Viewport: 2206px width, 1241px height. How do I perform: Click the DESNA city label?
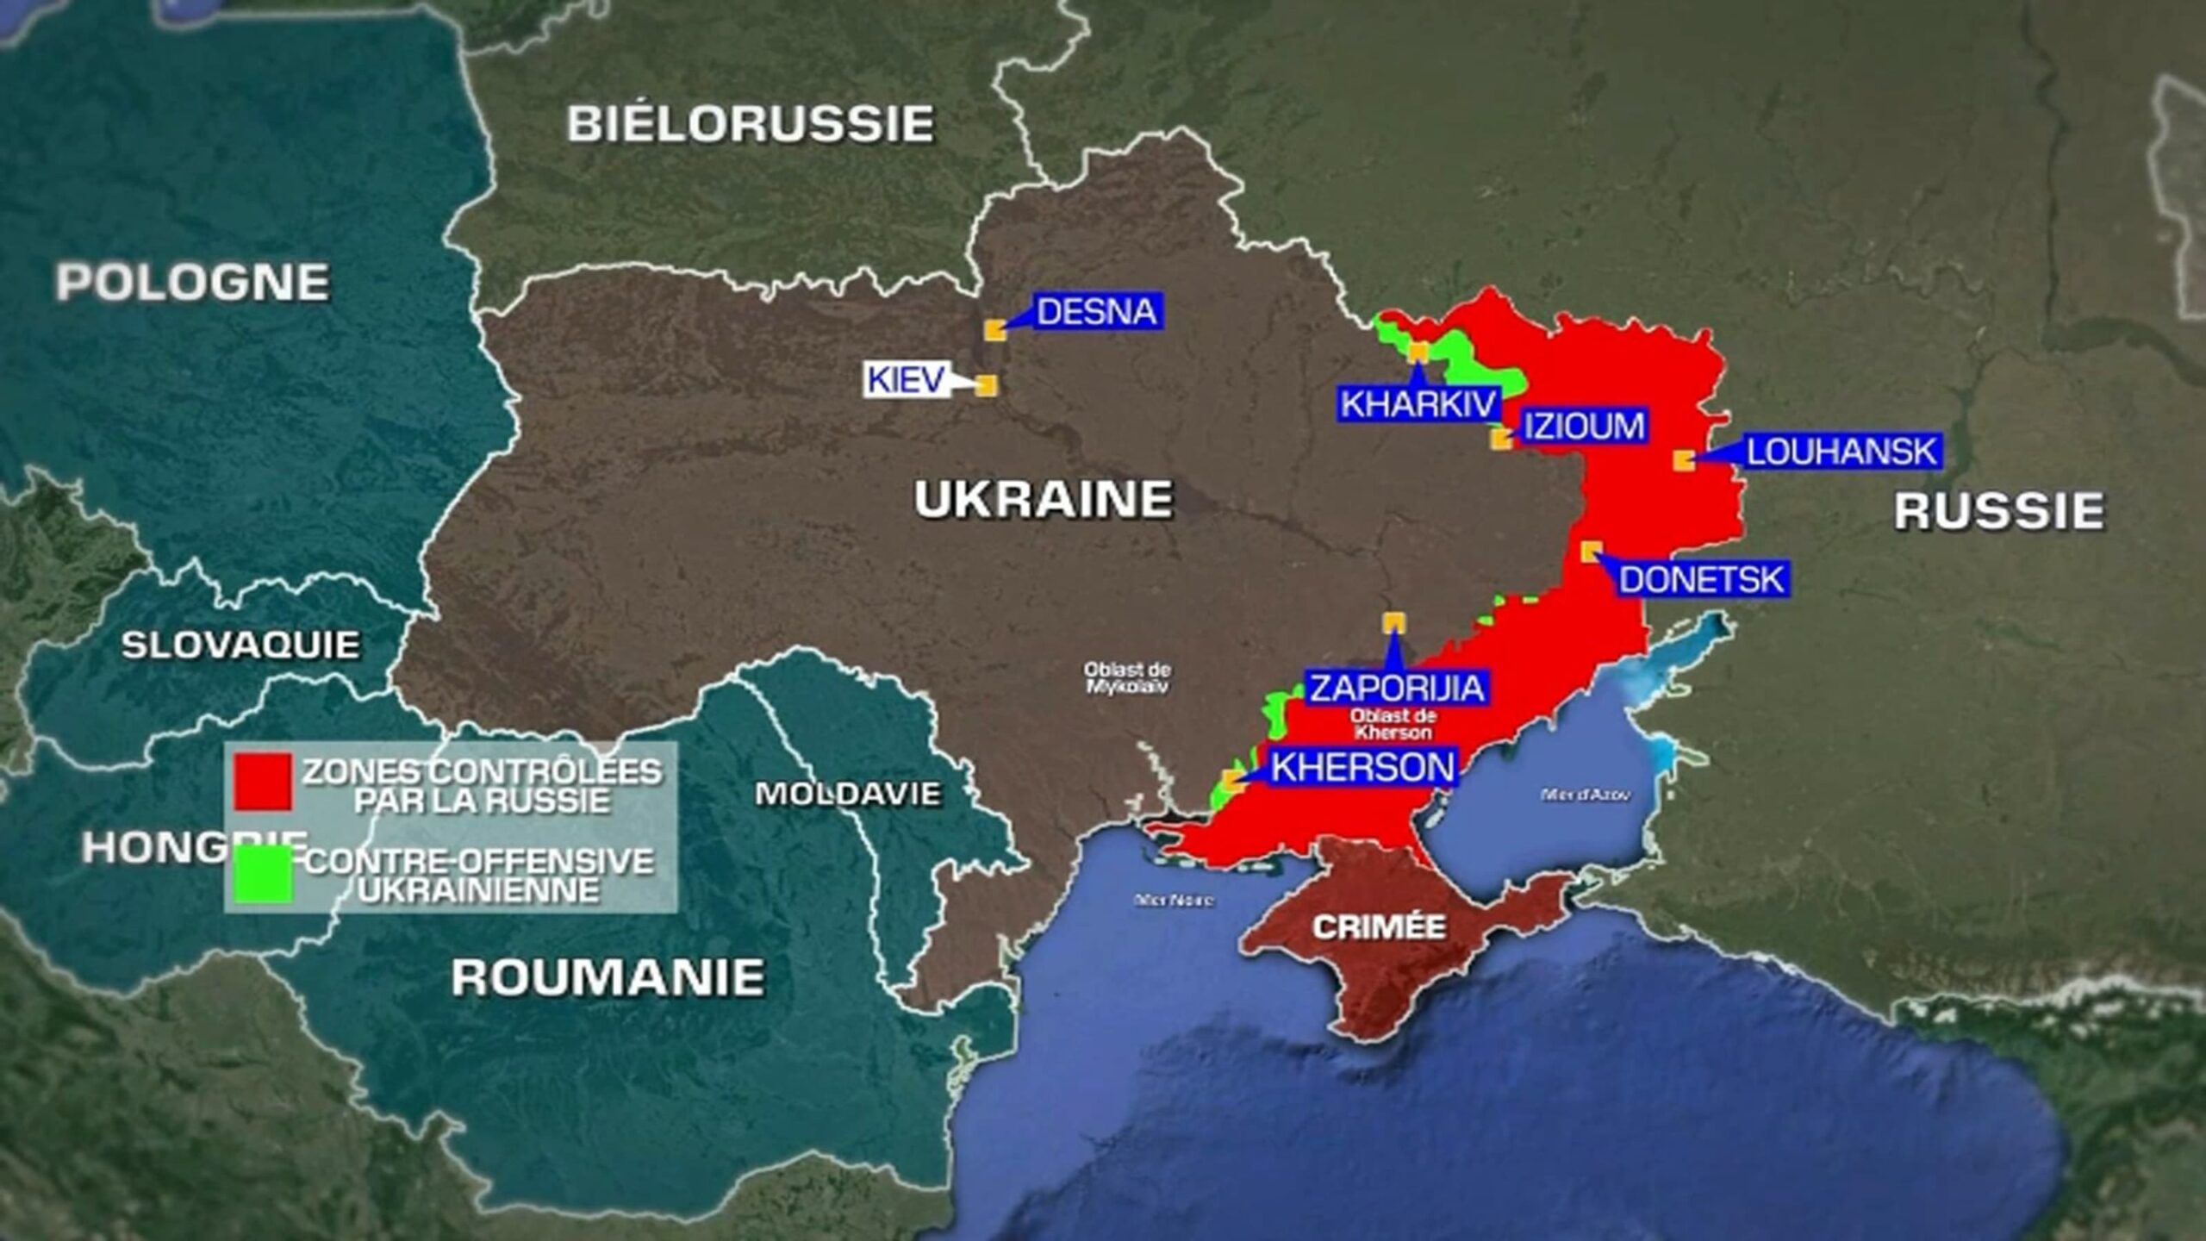(x=1096, y=312)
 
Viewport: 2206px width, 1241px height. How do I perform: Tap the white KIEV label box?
(x=906, y=380)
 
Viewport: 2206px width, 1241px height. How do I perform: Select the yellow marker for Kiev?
(x=987, y=384)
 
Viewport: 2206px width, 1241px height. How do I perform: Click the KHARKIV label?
(x=1418, y=404)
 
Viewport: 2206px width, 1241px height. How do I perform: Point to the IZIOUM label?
(x=1584, y=427)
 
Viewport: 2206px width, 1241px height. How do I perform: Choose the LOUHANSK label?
(x=1841, y=452)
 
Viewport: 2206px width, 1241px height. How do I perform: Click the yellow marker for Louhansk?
(x=1684, y=460)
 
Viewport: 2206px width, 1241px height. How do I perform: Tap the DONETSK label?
(x=1701, y=579)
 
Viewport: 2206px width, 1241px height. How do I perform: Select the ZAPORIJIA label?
(x=1397, y=688)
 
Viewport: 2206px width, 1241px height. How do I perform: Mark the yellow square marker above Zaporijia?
(x=1393, y=622)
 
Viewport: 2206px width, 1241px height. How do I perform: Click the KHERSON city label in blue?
(x=1362, y=767)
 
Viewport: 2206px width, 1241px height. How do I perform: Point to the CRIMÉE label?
(x=1379, y=927)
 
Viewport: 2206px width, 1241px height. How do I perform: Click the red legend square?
(x=263, y=782)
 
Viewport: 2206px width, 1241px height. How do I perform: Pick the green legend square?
(x=263, y=875)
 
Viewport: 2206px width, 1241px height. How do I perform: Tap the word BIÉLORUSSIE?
(x=750, y=124)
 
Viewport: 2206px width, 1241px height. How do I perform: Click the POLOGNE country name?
(x=192, y=282)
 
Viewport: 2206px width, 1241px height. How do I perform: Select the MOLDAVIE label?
(x=847, y=794)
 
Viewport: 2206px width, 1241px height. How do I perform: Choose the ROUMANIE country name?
(x=608, y=977)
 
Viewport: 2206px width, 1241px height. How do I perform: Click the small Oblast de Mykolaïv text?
(x=1127, y=677)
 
